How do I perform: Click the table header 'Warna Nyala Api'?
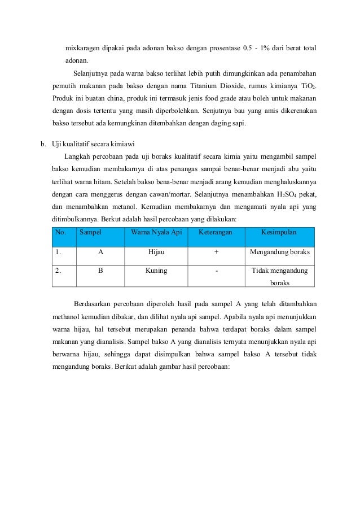156,233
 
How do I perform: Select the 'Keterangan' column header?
217,233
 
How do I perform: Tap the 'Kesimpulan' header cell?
279,233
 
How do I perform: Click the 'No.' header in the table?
60,233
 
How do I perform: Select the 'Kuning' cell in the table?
156,271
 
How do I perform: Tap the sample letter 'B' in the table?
100,271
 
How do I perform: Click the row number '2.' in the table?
58,271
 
